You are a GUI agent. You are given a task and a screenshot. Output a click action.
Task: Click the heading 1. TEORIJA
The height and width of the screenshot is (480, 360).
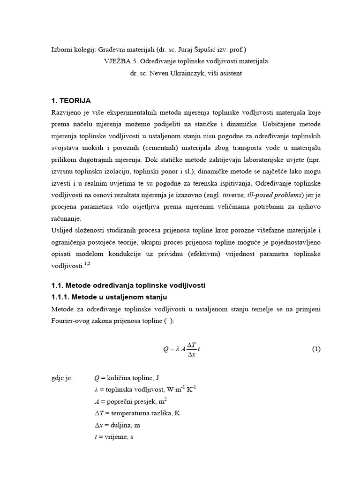(71, 101)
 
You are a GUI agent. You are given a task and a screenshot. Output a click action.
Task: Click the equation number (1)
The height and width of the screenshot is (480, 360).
(316, 349)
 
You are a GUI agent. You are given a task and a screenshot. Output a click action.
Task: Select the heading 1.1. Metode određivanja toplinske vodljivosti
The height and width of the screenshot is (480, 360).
(128, 285)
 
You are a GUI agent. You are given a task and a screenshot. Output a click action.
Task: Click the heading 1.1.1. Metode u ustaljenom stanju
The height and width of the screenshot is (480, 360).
(109, 297)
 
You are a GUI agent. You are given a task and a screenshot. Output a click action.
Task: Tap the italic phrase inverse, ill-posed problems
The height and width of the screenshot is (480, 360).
(256, 195)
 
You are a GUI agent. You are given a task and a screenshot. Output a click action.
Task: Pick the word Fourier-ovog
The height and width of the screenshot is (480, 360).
(72, 320)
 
